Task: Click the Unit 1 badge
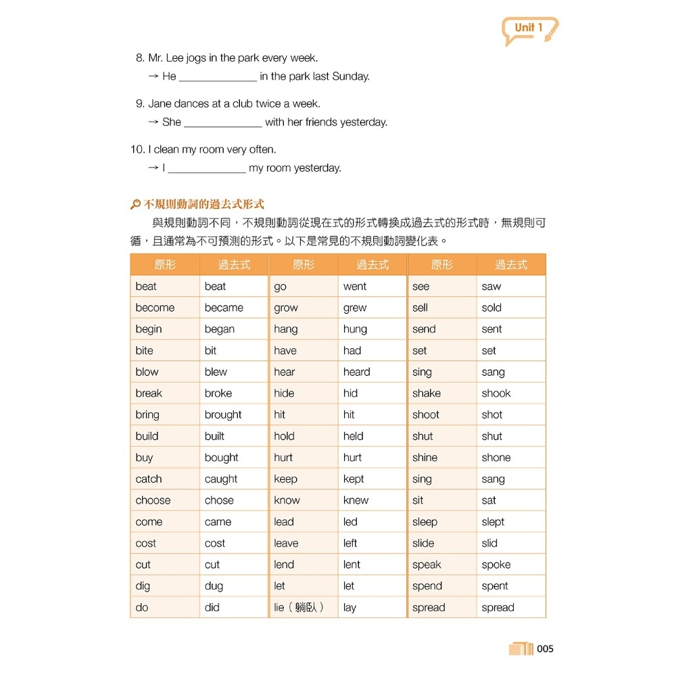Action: (529, 29)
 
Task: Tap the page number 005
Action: (545, 649)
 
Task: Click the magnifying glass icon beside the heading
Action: (135, 204)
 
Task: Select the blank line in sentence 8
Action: (218, 77)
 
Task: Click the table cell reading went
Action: (355, 287)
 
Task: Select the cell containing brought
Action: (223, 415)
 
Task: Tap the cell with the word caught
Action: (221, 479)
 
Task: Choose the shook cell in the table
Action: (496, 393)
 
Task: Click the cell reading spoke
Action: (496, 565)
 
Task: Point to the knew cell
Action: (356, 501)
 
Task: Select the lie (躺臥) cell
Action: (299, 608)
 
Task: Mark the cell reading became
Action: (224, 308)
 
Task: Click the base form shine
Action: (425, 458)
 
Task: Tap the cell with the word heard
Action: (356, 372)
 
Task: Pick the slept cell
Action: (493, 523)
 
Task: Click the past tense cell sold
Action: (491, 308)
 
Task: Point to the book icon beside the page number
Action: (521, 649)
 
